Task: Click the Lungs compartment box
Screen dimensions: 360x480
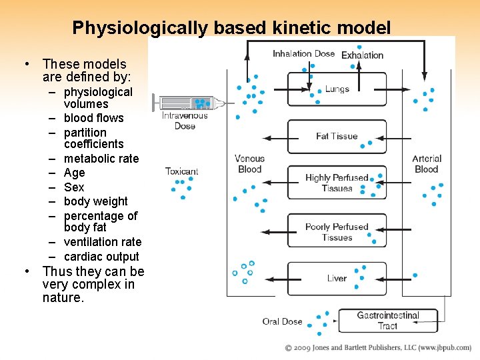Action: (x=337, y=89)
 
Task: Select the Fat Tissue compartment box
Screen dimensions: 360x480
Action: (x=337, y=136)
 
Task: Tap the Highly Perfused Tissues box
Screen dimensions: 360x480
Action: (x=337, y=183)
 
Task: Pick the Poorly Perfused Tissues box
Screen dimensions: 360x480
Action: (x=337, y=231)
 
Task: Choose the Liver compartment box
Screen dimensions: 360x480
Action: (x=337, y=278)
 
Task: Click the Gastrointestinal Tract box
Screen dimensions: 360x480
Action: (x=388, y=321)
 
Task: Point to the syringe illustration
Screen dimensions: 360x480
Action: (x=189, y=103)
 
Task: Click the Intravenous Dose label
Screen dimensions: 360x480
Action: (x=185, y=121)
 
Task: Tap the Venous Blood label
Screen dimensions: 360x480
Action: (x=250, y=164)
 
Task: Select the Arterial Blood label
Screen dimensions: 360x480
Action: (x=427, y=164)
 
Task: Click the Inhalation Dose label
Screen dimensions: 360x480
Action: (x=303, y=54)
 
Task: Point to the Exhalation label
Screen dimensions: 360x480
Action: (x=363, y=55)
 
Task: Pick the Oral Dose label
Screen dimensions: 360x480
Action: (x=282, y=321)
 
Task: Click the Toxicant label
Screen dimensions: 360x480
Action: (x=182, y=171)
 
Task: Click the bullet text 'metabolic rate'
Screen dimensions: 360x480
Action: (x=101, y=159)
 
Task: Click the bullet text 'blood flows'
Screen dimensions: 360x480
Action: (x=94, y=118)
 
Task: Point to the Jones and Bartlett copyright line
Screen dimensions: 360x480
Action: (x=377, y=348)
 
